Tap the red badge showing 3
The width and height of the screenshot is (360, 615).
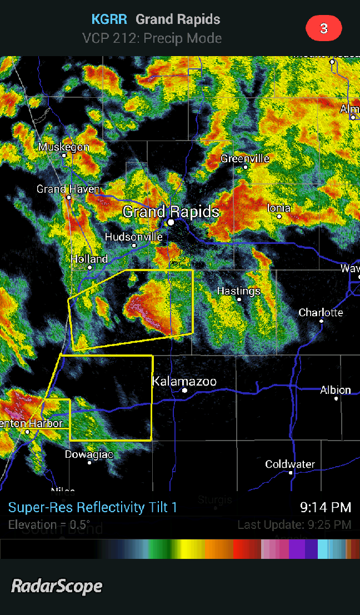coord(323,29)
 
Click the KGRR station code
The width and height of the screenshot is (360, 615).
coord(109,19)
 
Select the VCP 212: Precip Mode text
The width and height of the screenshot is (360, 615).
coord(152,38)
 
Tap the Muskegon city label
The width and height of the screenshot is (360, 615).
coord(63,147)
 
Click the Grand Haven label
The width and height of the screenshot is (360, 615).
coord(68,189)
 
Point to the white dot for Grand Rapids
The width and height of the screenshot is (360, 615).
coord(171,222)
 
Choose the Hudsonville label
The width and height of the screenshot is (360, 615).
coord(133,237)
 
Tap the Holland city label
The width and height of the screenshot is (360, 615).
coord(89,259)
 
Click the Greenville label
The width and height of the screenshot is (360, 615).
coord(245,159)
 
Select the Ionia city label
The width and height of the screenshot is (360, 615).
coord(279,208)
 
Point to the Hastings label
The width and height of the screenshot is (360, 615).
coord(238,291)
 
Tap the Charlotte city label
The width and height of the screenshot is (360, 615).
coord(321,313)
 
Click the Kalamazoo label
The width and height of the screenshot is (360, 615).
coord(184,382)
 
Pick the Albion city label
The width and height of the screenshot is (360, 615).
coord(336,390)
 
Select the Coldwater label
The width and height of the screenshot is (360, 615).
coord(290,464)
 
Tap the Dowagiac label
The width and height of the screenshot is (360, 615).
coord(89,454)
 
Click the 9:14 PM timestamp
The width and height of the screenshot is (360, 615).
coord(325,507)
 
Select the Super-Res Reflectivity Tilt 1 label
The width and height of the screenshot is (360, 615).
coord(92,507)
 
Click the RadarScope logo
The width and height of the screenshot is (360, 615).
coord(57,586)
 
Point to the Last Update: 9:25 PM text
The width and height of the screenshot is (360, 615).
coord(294,524)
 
